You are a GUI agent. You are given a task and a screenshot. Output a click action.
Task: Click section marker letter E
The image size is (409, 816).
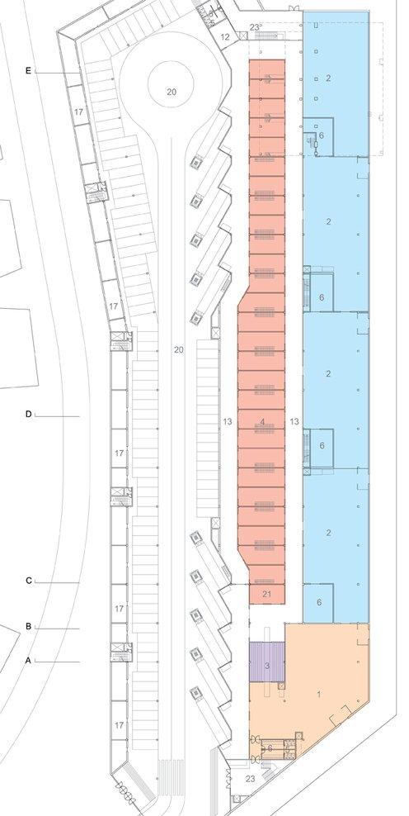point(28,71)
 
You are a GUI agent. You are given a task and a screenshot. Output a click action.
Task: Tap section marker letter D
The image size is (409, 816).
point(28,415)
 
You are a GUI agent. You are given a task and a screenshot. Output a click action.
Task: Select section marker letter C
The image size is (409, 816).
point(28,581)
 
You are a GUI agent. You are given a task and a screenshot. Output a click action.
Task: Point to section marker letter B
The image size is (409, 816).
point(28,626)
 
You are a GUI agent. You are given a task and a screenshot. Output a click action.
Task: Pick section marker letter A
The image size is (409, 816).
point(28,660)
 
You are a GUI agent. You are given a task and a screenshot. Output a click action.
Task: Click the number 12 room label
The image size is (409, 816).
point(225,37)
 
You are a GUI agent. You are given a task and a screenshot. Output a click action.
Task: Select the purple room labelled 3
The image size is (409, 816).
point(267,662)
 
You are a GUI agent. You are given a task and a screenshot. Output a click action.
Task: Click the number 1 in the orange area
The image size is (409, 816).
point(319,695)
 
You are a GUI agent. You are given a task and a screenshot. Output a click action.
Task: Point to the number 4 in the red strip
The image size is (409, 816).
point(262,422)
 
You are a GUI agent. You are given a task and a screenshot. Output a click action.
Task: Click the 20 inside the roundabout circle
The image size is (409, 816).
point(172,93)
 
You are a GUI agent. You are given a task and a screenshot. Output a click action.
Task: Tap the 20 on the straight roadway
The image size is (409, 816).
point(179,349)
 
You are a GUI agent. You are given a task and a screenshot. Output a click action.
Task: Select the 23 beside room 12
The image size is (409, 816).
point(254,28)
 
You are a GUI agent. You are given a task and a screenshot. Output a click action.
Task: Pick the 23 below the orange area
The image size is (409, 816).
point(251,779)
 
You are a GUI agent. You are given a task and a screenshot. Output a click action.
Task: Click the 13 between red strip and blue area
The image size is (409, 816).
point(294,421)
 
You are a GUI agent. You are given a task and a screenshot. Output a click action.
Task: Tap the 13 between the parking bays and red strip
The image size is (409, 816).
point(227,421)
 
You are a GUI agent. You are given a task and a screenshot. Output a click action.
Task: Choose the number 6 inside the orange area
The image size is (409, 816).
point(270,748)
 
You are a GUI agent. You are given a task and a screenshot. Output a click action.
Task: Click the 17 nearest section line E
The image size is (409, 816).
point(78,111)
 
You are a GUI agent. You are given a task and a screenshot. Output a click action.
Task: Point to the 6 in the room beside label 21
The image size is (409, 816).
point(319,602)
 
